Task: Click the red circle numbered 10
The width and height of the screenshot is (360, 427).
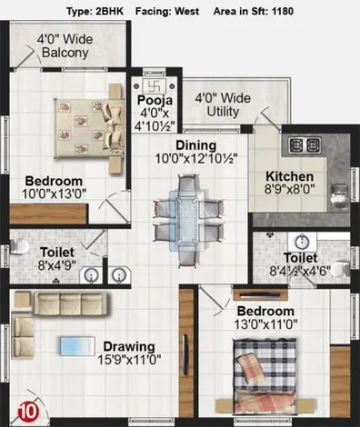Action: [x=29, y=412]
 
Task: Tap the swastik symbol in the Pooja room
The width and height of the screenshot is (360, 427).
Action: [x=155, y=86]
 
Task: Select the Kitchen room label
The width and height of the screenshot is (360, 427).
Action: [x=289, y=176]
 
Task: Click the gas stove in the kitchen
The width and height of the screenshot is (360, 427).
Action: [x=305, y=145]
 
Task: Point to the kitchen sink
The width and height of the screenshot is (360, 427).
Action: [x=339, y=196]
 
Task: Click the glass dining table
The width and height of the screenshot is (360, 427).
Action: [x=187, y=220]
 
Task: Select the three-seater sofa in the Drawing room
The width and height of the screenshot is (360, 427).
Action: [x=71, y=303]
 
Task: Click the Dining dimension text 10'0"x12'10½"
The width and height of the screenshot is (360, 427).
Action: [x=196, y=158]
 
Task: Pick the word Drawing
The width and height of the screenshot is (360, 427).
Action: [x=129, y=346]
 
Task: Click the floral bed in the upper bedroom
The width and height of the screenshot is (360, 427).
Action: [x=89, y=128]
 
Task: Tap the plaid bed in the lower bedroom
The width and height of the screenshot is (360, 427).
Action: [x=265, y=376]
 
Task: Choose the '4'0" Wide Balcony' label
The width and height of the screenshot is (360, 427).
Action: [x=65, y=45]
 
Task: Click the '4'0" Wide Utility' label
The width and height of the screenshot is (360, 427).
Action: [x=223, y=104]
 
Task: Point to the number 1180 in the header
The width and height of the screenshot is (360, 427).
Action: [x=283, y=12]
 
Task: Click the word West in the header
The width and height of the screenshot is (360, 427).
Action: [x=187, y=12]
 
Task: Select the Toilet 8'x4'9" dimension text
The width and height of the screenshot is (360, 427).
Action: [x=57, y=265]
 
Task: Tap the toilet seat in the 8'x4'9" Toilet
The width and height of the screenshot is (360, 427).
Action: [x=19, y=246]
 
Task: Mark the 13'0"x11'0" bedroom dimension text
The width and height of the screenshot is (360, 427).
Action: [x=265, y=324]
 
